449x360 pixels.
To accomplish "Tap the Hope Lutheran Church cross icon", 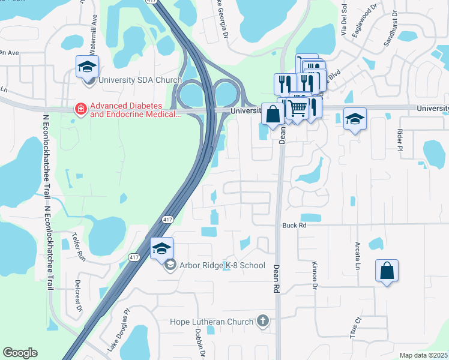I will (x=262, y=322).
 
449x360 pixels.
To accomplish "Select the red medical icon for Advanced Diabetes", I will (x=79, y=109).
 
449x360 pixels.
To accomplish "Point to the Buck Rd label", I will (x=294, y=226).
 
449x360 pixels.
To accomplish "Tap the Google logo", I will (x=20, y=353).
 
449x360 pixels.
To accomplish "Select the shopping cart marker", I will (x=297, y=109).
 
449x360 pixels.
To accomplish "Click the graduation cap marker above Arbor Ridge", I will (x=161, y=248).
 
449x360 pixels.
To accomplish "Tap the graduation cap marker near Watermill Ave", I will (x=87, y=66).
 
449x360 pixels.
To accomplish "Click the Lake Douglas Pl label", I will (x=118, y=329).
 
